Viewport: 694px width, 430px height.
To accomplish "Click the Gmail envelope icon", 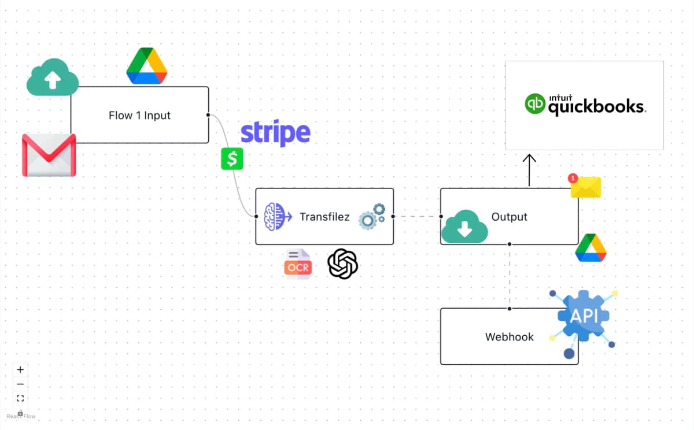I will click(x=49, y=155).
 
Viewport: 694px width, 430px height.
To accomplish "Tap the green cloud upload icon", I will click(x=53, y=78).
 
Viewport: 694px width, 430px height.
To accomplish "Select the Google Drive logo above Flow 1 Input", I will click(x=147, y=66).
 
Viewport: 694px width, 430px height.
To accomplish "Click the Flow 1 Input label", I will click(x=139, y=116).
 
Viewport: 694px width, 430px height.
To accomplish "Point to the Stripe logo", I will click(x=275, y=133).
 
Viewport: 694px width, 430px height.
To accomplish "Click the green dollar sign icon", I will click(x=232, y=158).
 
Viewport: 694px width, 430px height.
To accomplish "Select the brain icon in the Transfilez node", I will click(x=275, y=217).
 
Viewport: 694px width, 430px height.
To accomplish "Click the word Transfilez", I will click(x=324, y=217).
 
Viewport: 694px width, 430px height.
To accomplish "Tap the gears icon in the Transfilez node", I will click(x=372, y=216).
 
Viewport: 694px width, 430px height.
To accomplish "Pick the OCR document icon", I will click(x=298, y=264).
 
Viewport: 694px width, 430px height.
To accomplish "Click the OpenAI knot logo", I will click(x=343, y=264).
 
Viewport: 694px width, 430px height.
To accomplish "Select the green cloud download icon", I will click(x=464, y=227).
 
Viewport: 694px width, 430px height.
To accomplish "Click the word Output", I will click(x=509, y=217).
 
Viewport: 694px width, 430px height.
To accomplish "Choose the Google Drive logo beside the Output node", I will click(x=590, y=249).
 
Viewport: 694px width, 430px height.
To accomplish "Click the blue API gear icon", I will click(x=583, y=317).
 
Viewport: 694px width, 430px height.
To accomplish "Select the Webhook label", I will click(x=509, y=337).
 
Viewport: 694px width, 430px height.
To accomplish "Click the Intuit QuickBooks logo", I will click(x=585, y=105).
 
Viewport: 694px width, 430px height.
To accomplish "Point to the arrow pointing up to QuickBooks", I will click(x=529, y=169).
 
